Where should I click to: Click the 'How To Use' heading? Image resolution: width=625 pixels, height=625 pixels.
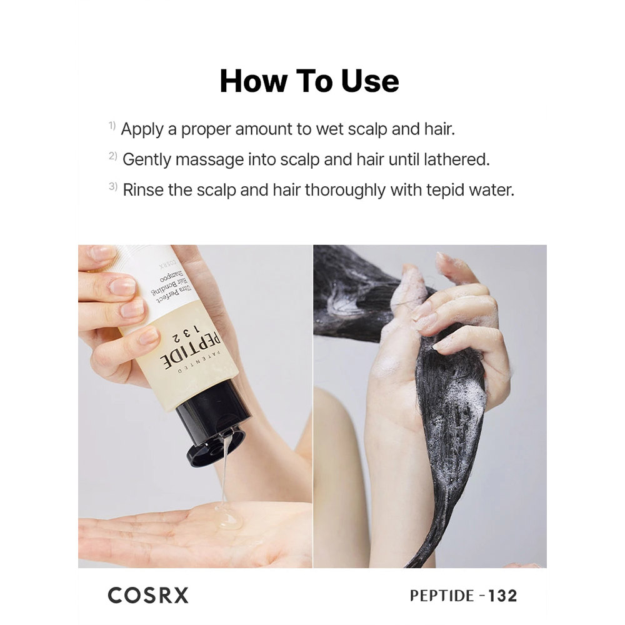(x=309, y=81)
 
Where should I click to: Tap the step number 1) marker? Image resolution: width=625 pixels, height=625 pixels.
(x=112, y=126)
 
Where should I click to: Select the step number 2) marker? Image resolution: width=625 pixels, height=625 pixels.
(x=112, y=156)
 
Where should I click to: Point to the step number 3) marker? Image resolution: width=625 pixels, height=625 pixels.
(x=112, y=186)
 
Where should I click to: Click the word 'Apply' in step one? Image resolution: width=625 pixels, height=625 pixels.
(x=142, y=130)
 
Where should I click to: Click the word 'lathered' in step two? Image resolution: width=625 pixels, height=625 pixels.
(x=456, y=159)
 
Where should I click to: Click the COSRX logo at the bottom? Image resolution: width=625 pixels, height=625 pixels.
(x=148, y=596)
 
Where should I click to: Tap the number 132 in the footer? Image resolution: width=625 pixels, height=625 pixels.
(x=502, y=596)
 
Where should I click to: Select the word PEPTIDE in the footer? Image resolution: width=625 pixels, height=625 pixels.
(x=442, y=596)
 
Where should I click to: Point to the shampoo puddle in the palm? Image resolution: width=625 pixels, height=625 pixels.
(x=229, y=517)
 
